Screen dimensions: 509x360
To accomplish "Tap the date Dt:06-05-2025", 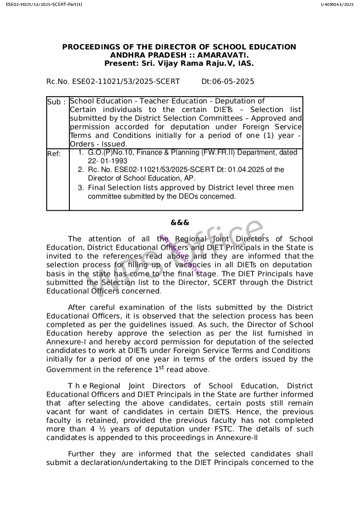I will (x=228, y=82).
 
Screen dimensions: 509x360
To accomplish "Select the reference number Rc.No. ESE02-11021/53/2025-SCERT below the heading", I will (x=113, y=82).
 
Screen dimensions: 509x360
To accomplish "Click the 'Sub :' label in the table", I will (x=57, y=102).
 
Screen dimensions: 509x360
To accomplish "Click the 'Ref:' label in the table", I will (x=54, y=154).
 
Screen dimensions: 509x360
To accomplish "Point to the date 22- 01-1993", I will (x=107, y=161).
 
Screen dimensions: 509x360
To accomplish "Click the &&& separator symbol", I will (x=180, y=223).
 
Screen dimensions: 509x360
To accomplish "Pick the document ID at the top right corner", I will (x=337, y=5).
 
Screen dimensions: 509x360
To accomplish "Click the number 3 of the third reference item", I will (x=80, y=188).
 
